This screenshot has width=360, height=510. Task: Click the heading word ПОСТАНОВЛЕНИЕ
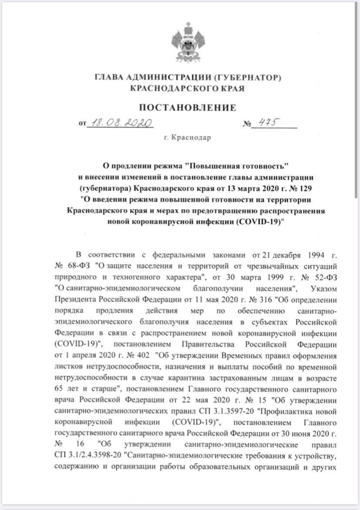187,107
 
